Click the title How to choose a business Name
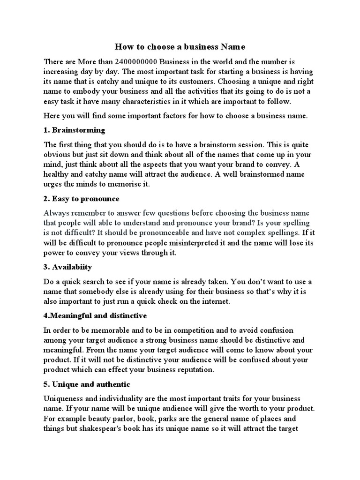[180, 47]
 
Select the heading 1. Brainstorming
[74, 130]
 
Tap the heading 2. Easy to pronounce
[81, 199]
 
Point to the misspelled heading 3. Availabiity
[67, 267]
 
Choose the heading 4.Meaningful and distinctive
[95, 316]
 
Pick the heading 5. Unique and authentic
[87, 384]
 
